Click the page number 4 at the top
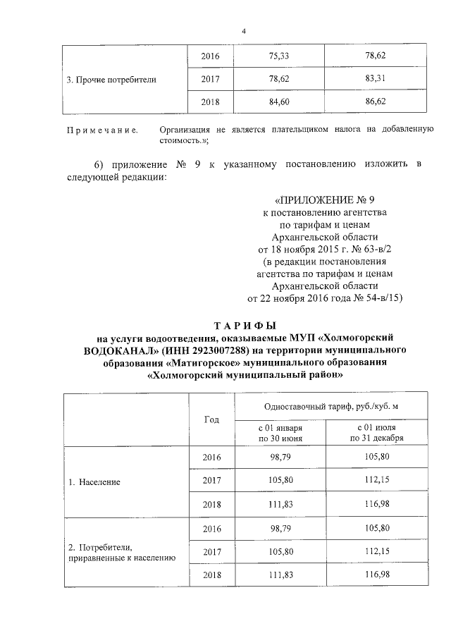pos(244,32)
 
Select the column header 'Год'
pos(211,420)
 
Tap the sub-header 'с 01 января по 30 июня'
pos(280,433)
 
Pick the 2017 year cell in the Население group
pos(211,482)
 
